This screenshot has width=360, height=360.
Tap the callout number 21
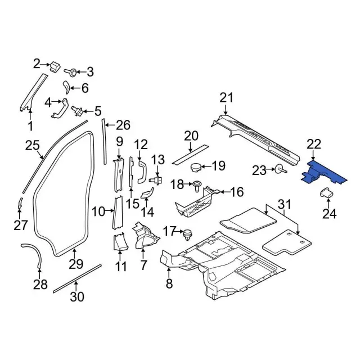(x=226, y=98)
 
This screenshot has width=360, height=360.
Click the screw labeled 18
(x=197, y=184)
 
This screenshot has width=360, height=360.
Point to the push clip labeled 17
(x=188, y=231)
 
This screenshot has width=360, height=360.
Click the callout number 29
(x=76, y=263)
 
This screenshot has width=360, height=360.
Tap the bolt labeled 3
(x=73, y=72)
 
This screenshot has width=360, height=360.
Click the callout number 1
(x=30, y=126)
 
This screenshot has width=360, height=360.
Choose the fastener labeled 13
(x=157, y=180)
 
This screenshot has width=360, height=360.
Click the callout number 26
(x=123, y=124)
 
